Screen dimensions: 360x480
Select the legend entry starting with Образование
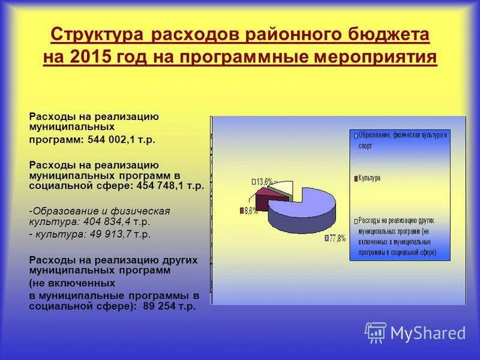click(x=400, y=140)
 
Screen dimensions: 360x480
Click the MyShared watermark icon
click(x=376, y=332)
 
